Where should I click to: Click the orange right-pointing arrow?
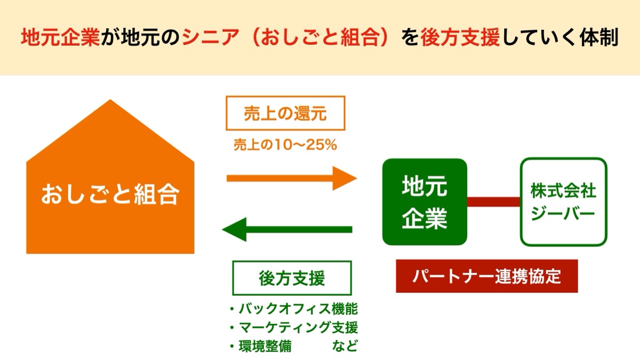pyautogui.click(x=292, y=178)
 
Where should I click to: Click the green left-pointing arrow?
pyautogui.click(x=287, y=229)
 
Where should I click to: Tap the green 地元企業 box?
pyautogui.click(x=425, y=202)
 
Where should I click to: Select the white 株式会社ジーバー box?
pyautogui.click(x=563, y=202)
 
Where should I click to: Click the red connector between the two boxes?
pyautogui.click(x=494, y=202)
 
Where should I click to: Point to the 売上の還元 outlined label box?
pyautogui.click(x=285, y=113)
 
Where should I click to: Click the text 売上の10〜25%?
pyautogui.click(x=285, y=145)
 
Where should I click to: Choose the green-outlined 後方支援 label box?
pyautogui.click(x=292, y=278)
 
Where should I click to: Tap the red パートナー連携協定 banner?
pyautogui.click(x=487, y=276)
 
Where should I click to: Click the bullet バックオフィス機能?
pyautogui.click(x=294, y=309)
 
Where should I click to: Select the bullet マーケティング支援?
pyautogui.click(x=294, y=327)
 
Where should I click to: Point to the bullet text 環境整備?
pyautogui.click(x=261, y=346)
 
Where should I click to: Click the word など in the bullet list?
pyautogui.click(x=345, y=346)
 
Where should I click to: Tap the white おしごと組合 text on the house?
pyautogui.click(x=110, y=194)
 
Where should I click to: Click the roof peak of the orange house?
pyautogui.click(x=110, y=100)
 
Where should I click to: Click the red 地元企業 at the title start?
pyautogui.click(x=61, y=37)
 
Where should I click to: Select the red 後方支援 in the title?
pyautogui.click(x=460, y=37)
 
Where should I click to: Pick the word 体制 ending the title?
pyautogui.click(x=599, y=37)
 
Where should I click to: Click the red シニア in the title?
pyautogui.click(x=210, y=37)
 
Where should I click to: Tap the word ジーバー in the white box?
pyautogui.click(x=563, y=213)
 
